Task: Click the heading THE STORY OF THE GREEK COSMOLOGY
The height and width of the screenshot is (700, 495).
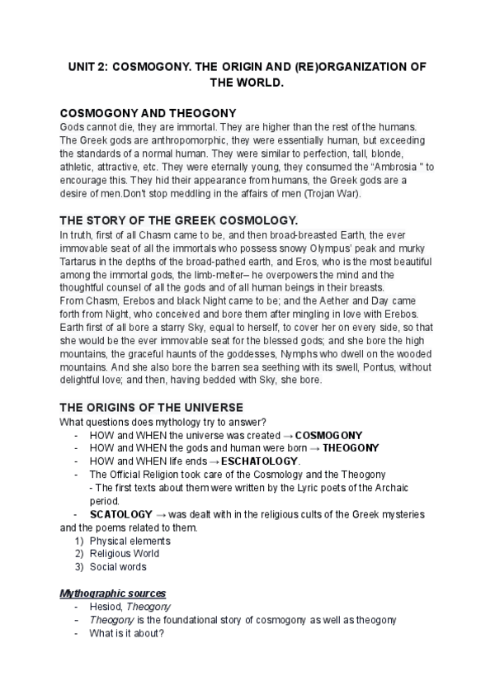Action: [179, 220]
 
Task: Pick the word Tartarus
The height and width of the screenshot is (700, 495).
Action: [84, 262]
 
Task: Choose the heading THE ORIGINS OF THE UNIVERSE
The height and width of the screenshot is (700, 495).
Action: [152, 407]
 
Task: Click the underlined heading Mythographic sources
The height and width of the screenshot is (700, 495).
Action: [114, 593]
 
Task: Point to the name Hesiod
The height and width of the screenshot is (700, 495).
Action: [106, 607]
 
